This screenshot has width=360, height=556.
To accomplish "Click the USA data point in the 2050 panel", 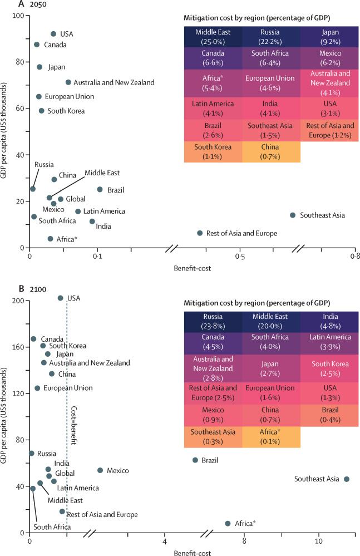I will coord(53,34).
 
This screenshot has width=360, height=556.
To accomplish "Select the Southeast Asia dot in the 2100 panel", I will coord(347,479).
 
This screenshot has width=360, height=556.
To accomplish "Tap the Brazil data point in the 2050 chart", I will coord(100,189).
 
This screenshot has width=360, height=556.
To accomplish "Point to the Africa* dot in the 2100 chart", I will coord(228,524).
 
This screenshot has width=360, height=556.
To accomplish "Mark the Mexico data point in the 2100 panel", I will coord(100,470).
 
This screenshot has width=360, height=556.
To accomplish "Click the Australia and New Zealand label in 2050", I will coord(114,82).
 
